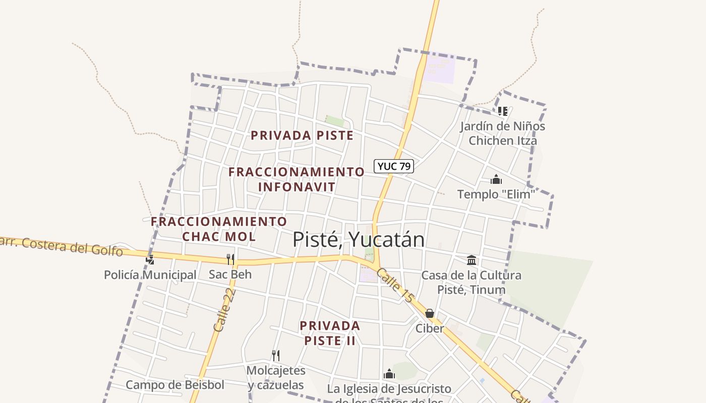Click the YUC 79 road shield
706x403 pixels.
click(x=393, y=166)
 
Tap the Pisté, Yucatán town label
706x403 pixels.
click(x=359, y=239)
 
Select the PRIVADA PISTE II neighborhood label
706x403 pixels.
click(x=330, y=333)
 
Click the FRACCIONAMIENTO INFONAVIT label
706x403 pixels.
click(x=297, y=179)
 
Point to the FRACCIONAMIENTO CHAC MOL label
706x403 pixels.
click(x=219, y=229)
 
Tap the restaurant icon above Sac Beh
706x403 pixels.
click(x=230, y=259)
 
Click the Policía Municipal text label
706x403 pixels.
click(x=150, y=275)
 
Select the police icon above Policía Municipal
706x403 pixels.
click(x=150, y=260)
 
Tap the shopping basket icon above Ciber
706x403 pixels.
click(x=430, y=314)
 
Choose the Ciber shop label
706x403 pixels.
click(x=430, y=328)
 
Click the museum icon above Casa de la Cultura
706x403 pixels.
click(x=472, y=260)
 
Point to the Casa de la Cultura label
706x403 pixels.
click(x=471, y=282)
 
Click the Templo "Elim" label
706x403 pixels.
click(x=496, y=194)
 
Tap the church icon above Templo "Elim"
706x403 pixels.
click(x=496, y=179)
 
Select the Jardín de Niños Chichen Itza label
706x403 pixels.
click(x=502, y=133)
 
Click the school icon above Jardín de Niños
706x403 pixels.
click(x=502, y=111)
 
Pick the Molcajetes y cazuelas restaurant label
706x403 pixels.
click(x=276, y=378)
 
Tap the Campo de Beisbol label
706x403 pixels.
click(x=174, y=385)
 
